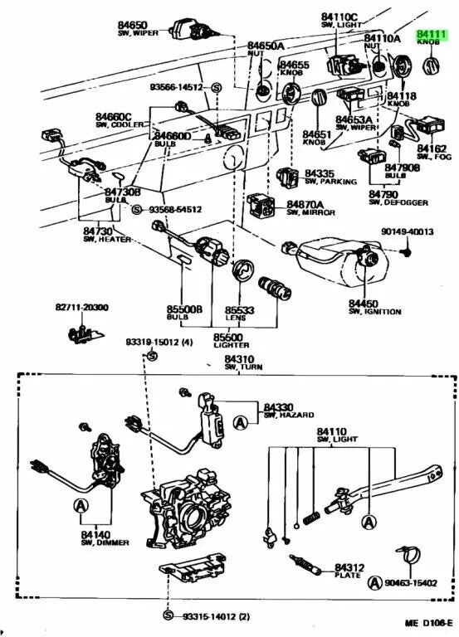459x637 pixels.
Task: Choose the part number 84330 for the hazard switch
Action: (279, 406)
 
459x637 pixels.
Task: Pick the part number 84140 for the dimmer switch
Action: (96, 537)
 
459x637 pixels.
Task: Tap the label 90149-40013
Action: (407, 232)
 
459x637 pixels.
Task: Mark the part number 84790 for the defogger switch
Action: (384, 192)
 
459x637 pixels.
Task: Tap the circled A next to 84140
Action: (81, 504)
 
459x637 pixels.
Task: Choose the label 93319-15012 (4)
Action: (159, 343)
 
